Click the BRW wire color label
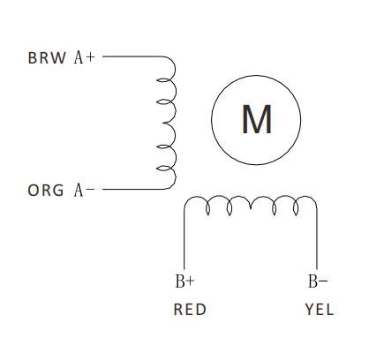[x=47, y=57]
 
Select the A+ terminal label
[x=85, y=57]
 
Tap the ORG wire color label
[x=46, y=191]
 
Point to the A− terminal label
[x=85, y=190]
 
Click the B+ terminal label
[x=184, y=281]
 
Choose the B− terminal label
[x=318, y=281]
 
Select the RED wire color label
[x=190, y=310]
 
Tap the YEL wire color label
[x=320, y=310]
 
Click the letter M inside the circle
[x=257, y=119]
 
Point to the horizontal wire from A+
[x=132, y=56]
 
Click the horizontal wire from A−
[x=132, y=189]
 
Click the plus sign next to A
[x=90, y=57]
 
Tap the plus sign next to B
[x=190, y=281]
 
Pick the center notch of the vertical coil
[x=163, y=123]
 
